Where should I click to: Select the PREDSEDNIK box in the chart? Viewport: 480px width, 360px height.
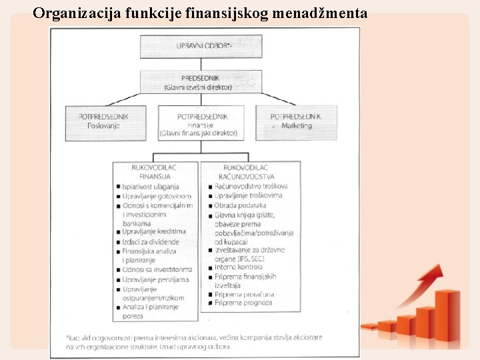pos(197,82)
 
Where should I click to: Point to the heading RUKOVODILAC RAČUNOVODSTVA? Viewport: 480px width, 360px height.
pos(246,171)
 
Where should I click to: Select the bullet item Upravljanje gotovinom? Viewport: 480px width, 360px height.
pos(157,196)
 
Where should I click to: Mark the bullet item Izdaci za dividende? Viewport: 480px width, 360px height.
pos(151,241)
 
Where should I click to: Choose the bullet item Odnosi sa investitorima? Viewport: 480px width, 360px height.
pos(156,270)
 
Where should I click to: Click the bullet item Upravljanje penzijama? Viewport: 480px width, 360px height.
pos(155,279)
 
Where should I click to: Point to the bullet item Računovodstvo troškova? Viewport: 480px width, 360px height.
pos(251,186)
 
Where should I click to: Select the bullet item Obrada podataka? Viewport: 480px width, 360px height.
pos(240,205)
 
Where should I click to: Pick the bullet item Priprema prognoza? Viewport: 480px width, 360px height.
pos(243,303)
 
